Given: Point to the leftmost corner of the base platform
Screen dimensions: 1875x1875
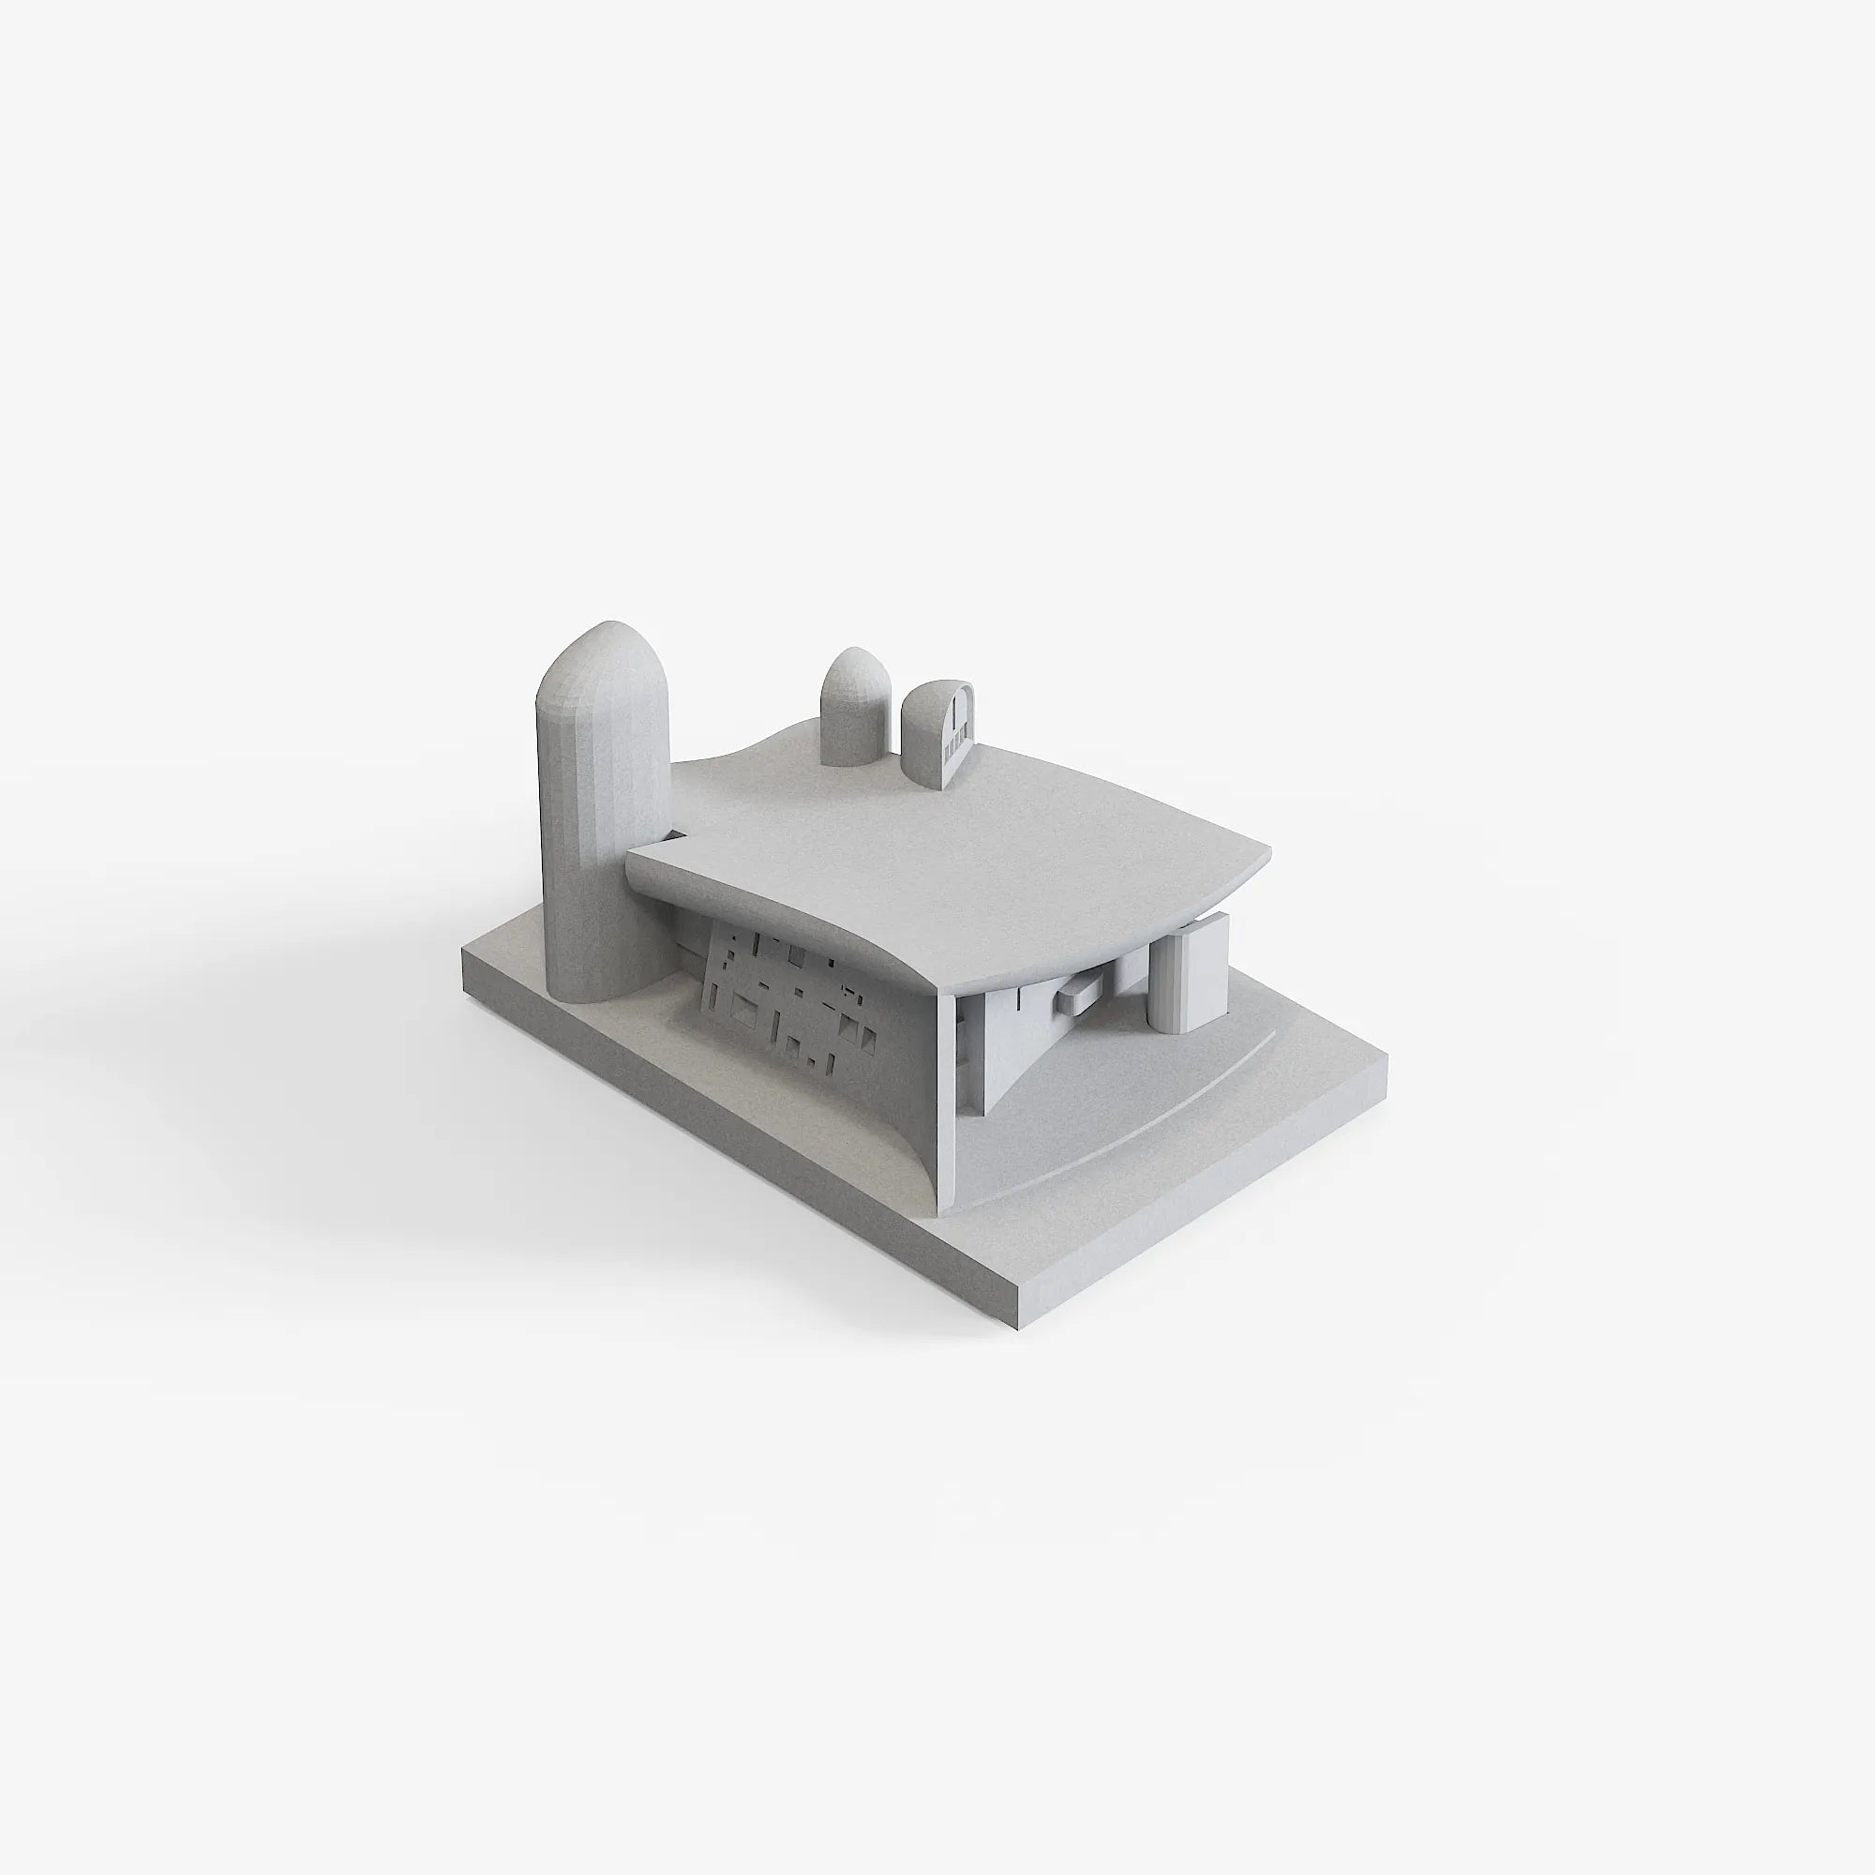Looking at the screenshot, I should pos(466,956).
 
